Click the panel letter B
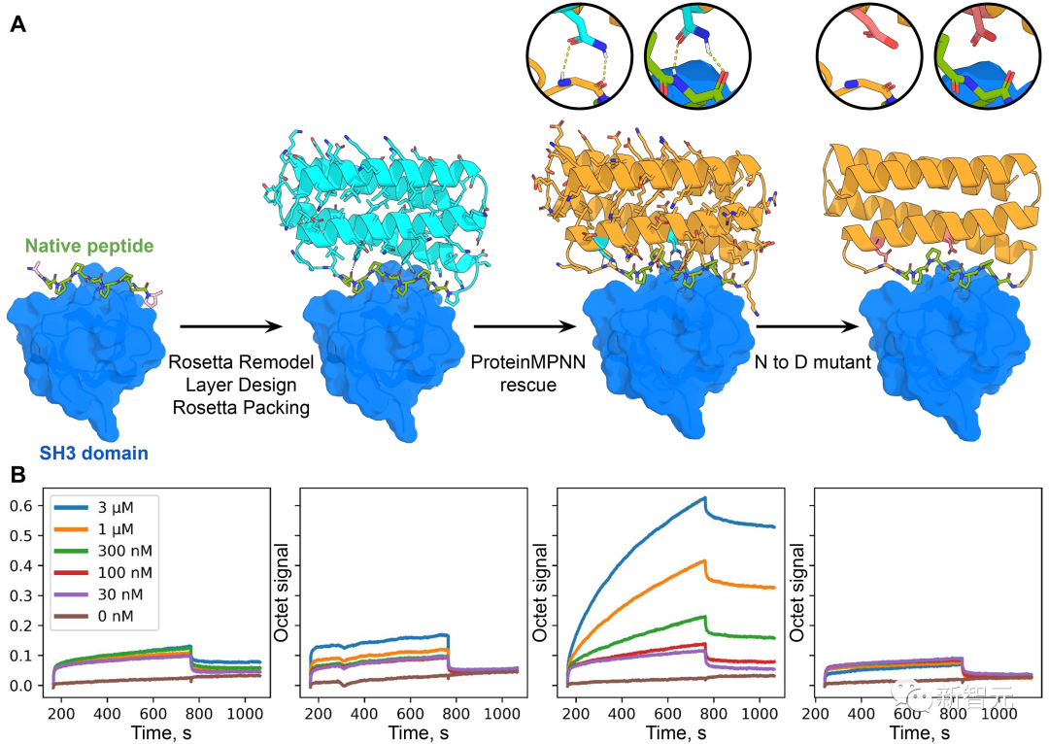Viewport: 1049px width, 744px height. click(x=17, y=475)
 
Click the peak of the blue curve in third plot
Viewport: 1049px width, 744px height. click(x=704, y=498)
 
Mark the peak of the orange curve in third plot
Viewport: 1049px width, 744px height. click(x=704, y=560)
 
